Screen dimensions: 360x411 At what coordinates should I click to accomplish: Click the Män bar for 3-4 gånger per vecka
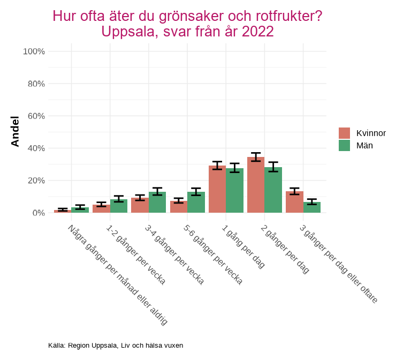[x=157, y=202]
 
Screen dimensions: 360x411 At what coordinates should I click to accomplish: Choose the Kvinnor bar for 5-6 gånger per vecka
[x=178, y=207]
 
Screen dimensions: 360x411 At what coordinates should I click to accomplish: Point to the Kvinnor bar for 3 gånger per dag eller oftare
[x=294, y=202]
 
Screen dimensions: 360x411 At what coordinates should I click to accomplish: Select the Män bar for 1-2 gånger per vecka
[x=119, y=206]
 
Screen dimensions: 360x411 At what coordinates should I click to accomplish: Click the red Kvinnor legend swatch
[x=344, y=133]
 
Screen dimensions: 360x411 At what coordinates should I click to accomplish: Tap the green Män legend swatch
[x=344, y=145]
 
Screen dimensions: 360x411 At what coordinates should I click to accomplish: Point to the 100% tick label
[x=34, y=51]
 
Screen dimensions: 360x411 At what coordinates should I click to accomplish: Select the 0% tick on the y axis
[x=38, y=213]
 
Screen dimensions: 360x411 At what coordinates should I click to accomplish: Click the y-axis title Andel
[x=15, y=131]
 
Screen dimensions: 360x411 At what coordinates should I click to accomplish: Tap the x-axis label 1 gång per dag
[x=244, y=246]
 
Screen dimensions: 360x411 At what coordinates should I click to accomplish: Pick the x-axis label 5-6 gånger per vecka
[x=213, y=254]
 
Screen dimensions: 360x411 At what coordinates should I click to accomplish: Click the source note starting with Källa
[x=116, y=346]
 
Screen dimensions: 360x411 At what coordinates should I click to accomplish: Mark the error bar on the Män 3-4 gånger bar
[x=157, y=191]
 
